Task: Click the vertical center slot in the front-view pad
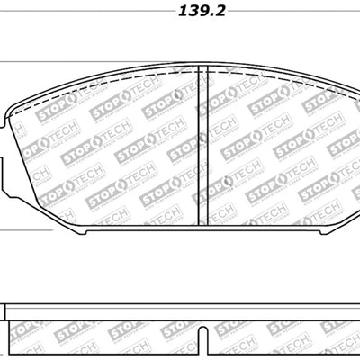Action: pos(203,144)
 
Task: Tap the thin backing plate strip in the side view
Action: pos(180,307)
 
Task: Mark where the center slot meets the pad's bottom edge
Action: pos(203,224)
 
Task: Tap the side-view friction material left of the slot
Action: pos(99,337)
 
